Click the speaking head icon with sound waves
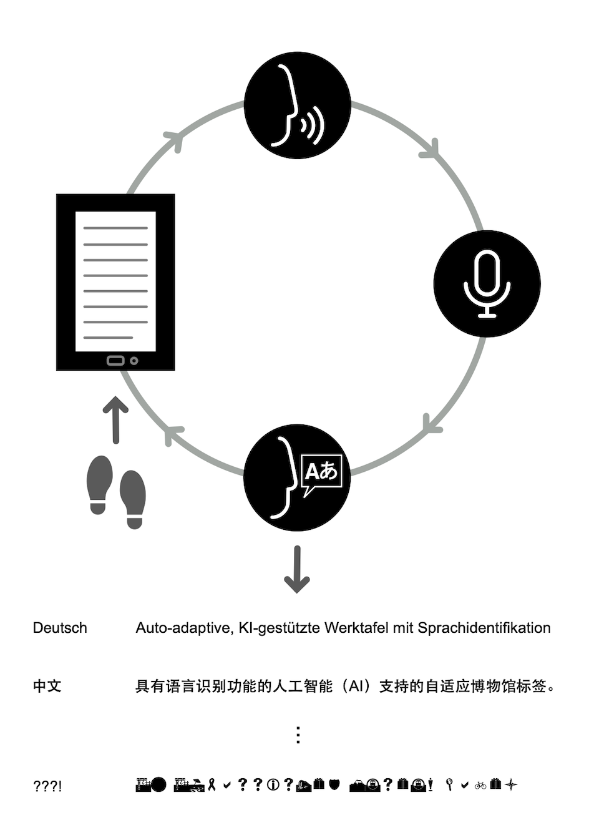[x=297, y=105]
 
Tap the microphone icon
[x=487, y=284]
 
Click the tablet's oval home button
[x=115, y=361]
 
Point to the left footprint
[x=99, y=484]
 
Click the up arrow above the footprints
[x=115, y=419]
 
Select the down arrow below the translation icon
[x=297, y=569]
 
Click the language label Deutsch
[x=60, y=628]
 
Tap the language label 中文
[x=47, y=686]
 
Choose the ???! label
[x=47, y=786]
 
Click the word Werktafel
[x=356, y=628]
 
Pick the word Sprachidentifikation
[x=484, y=628]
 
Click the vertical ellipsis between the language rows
[x=298, y=735]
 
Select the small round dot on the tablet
[x=134, y=361]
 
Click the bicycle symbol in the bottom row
[x=480, y=785]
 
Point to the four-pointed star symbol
[x=511, y=785]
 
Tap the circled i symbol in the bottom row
[x=273, y=785]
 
